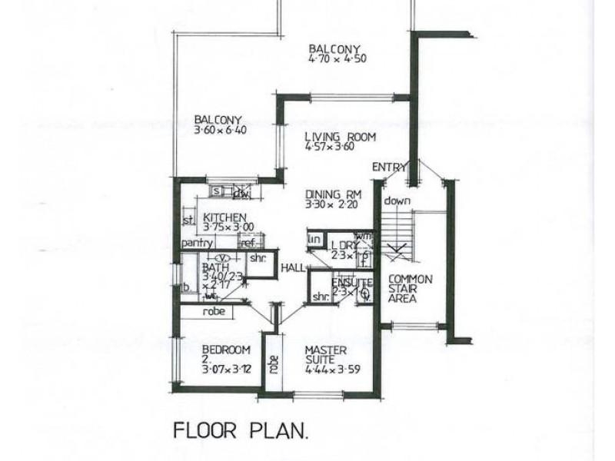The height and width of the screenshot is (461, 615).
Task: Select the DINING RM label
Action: (332, 194)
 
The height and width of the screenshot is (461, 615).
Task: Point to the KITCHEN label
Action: (224, 217)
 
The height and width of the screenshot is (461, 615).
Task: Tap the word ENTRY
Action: (388, 167)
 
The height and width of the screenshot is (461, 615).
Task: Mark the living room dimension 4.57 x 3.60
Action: (329, 148)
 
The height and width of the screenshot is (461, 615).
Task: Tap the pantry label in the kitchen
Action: (197, 244)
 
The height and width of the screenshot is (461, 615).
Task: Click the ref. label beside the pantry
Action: (248, 244)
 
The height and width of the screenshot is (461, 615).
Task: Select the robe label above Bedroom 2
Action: (214, 313)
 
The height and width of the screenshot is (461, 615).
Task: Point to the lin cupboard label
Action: (313, 240)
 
